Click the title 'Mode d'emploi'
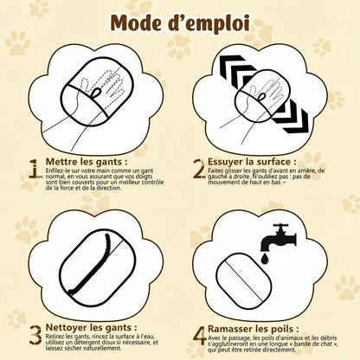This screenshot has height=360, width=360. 180,21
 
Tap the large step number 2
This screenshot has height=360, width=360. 197,167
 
